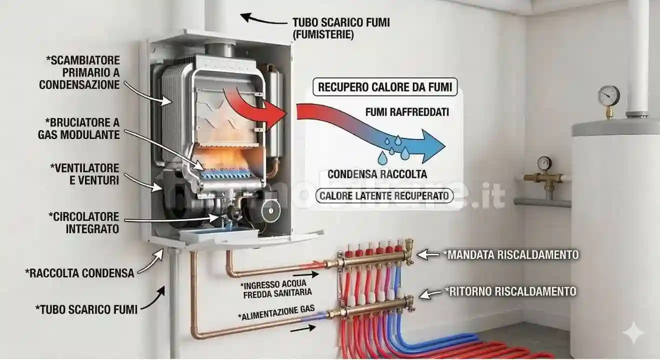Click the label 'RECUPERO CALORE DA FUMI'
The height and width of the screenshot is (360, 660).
[x=385, y=87]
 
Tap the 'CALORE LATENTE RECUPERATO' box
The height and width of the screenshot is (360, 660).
[x=384, y=195]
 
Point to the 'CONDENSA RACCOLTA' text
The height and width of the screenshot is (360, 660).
[x=377, y=174]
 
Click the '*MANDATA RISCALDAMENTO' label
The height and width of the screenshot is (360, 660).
[x=510, y=255]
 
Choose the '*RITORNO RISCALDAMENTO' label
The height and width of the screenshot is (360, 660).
[x=510, y=291]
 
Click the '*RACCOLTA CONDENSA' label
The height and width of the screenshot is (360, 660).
[x=79, y=273]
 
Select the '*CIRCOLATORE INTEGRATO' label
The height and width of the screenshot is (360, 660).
[x=84, y=223]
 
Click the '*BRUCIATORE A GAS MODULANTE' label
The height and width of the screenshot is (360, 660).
[x=79, y=129]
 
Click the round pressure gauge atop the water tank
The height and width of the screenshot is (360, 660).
[x=608, y=96]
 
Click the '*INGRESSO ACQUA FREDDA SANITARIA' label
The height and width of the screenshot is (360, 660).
[x=277, y=289]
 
